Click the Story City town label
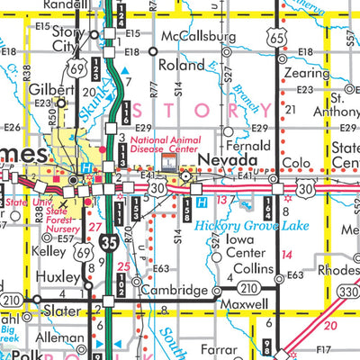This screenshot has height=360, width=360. (74, 39)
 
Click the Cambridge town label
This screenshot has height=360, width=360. (176, 291)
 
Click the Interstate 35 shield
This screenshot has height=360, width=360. (108, 242)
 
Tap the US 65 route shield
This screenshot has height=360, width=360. (283, 36)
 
